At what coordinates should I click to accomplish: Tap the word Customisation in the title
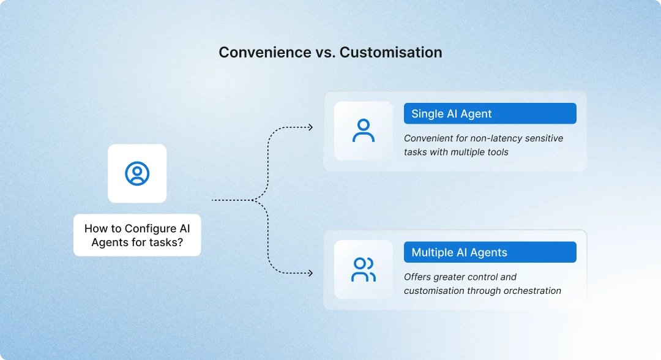(x=390, y=53)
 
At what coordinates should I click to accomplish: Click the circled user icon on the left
(x=137, y=173)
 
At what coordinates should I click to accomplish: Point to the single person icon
(x=364, y=131)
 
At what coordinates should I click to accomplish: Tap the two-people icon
(x=364, y=270)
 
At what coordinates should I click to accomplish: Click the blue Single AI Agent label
(x=490, y=114)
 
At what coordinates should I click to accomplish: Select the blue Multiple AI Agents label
(x=490, y=252)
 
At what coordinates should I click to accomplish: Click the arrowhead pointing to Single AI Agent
(x=310, y=127)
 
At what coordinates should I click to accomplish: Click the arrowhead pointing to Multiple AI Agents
(x=310, y=273)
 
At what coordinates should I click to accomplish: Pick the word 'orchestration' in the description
(x=531, y=291)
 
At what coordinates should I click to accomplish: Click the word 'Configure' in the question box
(x=151, y=228)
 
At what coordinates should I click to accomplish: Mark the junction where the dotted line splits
(x=253, y=200)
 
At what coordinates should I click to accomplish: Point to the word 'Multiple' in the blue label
(x=432, y=252)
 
